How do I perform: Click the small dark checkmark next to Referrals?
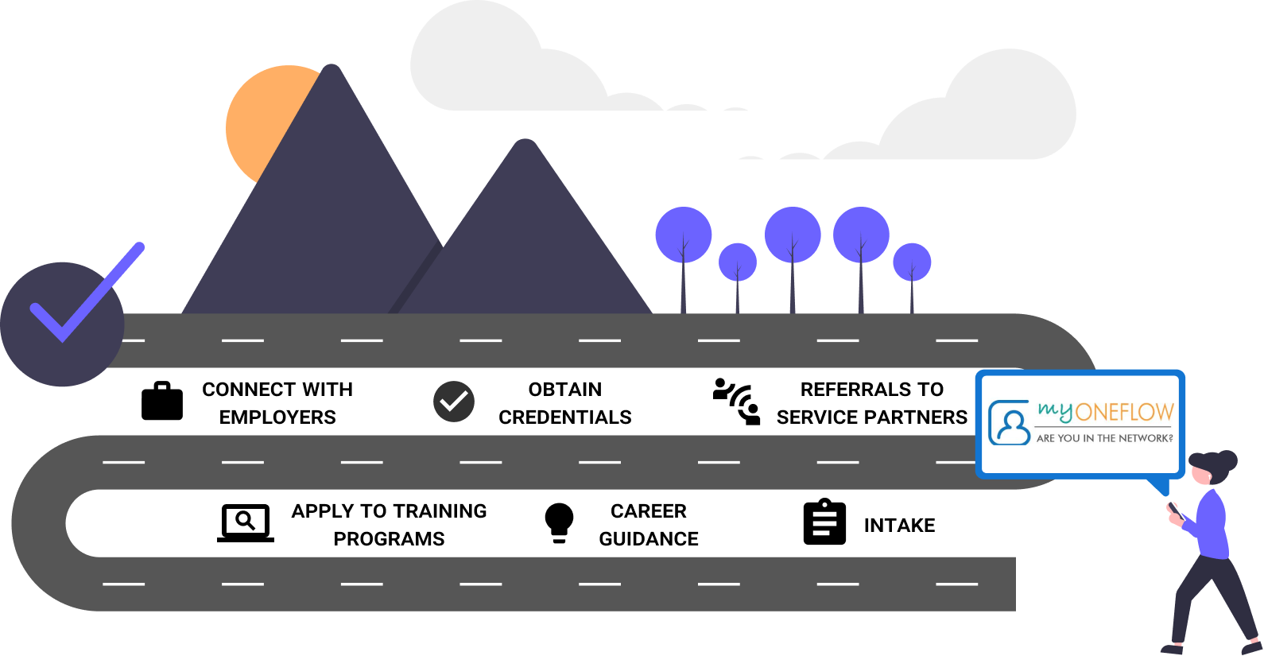pyautogui.click(x=454, y=402)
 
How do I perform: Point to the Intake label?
pyautogui.click(x=878, y=524)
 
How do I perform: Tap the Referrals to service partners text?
pyautogui.click(x=568, y=402)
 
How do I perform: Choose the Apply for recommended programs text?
pyautogui.click(x=863, y=402)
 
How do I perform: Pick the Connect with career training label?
pyautogui.click(x=374, y=523)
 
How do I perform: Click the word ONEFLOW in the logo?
pyautogui.click(x=1125, y=413)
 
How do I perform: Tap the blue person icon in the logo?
pyautogui.click(x=1010, y=423)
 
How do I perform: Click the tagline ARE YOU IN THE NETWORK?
pyautogui.click(x=1104, y=438)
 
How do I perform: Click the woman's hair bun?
pyautogui.click(x=1228, y=460)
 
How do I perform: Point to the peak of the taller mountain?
pyautogui.click(x=332, y=73)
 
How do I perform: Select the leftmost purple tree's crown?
pyautogui.click(x=683, y=234)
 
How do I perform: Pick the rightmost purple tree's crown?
pyautogui.click(x=912, y=262)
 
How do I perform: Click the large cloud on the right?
pyautogui.click(x=1002, y=111)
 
